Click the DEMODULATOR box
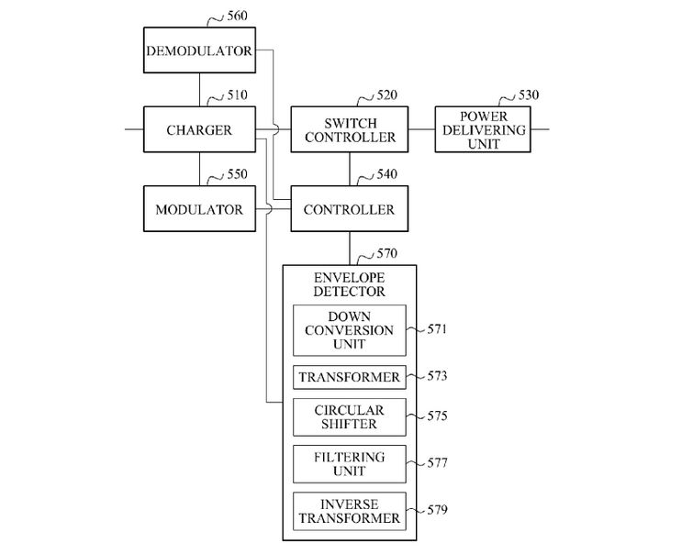pos(198,51)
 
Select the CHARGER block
pos(198,130)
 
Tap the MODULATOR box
pos(198,209)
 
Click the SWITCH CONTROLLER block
pos(350,130)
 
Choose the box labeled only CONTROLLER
pos(350,209)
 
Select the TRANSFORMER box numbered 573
pos(349,377)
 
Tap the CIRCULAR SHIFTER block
pos(349,416)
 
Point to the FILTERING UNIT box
pos(349,464)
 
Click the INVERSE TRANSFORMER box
pos(349,512)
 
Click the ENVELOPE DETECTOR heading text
pos(349,283)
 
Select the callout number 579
pos(437,511)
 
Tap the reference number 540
pos(386,173)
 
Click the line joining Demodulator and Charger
pos(198,90)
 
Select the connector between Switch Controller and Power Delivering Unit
pos(421,129)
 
